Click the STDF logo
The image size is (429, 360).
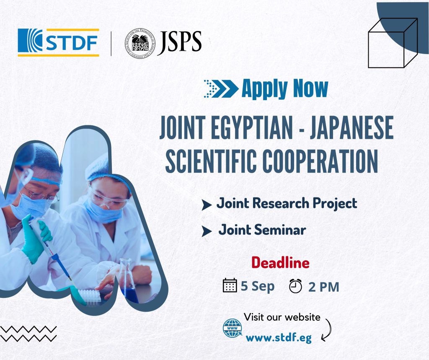coord(58,42)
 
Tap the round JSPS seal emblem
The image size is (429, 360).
coord(140,43)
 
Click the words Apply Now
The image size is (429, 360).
coord(285,88)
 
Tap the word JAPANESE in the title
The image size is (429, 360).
coord(351,128)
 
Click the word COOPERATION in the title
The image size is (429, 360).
coord(320,161)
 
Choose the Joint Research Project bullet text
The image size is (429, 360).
coord(287,203)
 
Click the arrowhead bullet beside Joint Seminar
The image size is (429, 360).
coord(207,231)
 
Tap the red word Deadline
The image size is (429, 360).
coord(280,262)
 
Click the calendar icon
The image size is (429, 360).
coord(230,285)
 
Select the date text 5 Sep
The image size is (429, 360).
coord(258,286)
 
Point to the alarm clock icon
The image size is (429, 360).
coord(295,286)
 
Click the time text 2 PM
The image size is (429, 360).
coord(324,287)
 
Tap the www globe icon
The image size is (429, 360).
coord(232,328)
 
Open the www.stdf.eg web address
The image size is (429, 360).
coord(279,338)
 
